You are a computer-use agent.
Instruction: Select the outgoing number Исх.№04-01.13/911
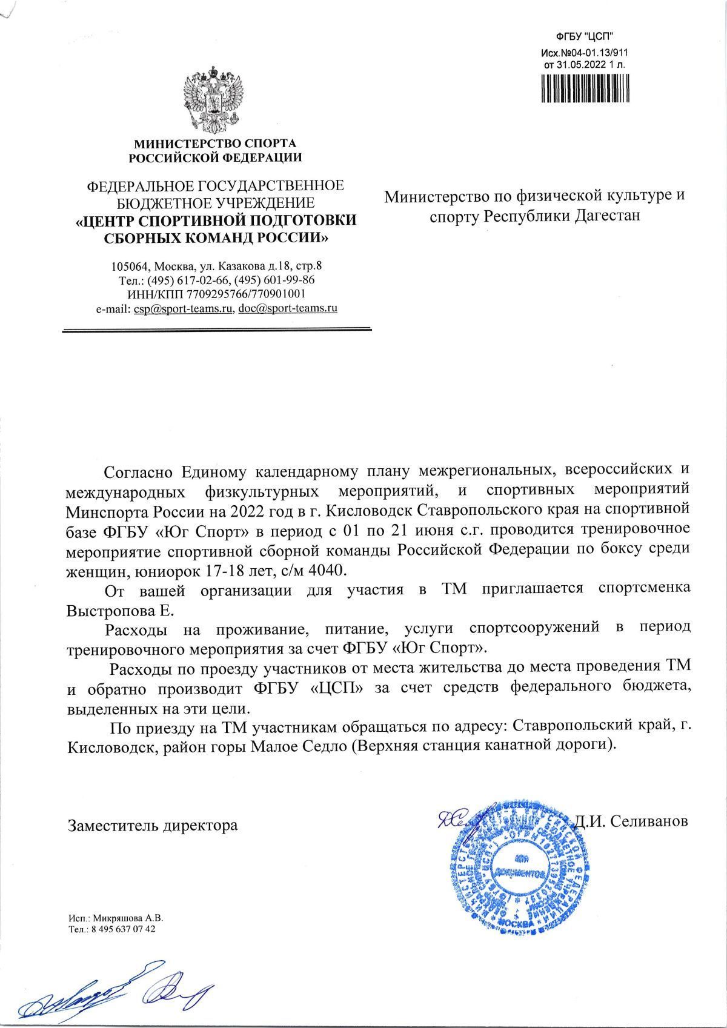pyautogui.click(x=585, y=52)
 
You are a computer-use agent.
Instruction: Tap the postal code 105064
pyautogui.click(x=130, y=267)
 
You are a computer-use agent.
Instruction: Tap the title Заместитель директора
pyautogui.click(x=153, y=825)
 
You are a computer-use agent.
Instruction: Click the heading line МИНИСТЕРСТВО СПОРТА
pyautogui.click(x=214, y=144)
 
